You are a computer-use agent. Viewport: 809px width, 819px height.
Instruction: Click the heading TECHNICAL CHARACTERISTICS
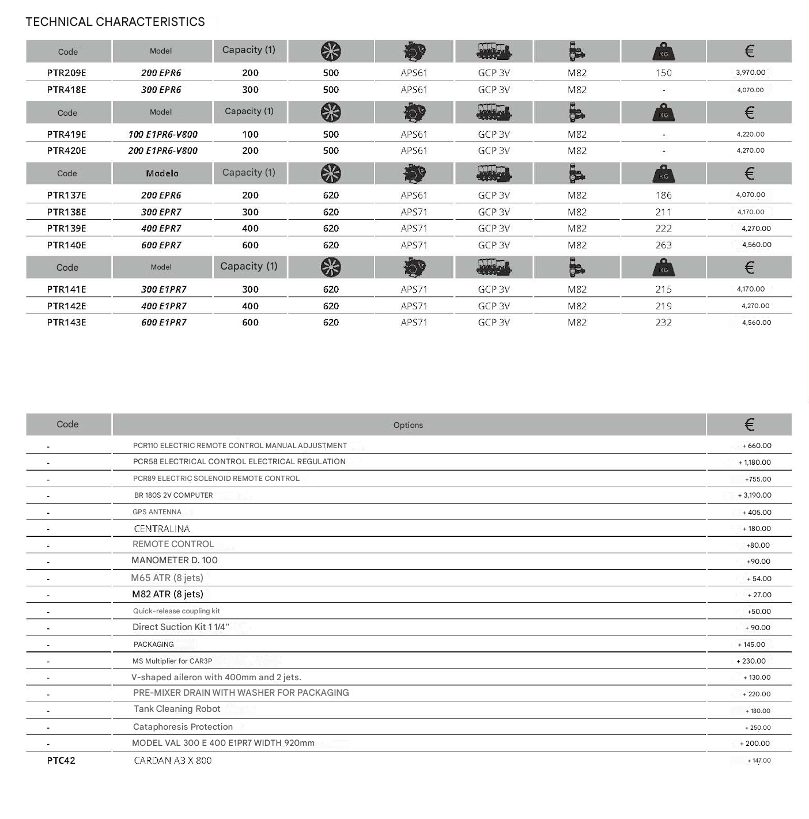tap(115, 22)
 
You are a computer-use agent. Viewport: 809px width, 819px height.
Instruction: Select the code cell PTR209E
tap(66, 73)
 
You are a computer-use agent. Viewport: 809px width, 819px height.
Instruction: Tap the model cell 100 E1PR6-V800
tap(162, 134)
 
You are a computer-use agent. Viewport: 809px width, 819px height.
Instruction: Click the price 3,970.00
tap(750, 73)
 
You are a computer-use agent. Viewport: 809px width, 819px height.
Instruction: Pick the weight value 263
tap(663, 245)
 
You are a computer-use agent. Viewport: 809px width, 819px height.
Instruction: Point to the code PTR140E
tap(66, 245)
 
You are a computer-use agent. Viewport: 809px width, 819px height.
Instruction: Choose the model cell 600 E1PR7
tap(164, 323)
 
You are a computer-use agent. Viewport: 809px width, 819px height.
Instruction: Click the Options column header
tap(408, 425)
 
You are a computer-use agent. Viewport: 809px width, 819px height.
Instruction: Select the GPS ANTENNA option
tap(157, 512)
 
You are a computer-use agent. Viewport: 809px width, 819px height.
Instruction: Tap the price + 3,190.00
tap(754, 495)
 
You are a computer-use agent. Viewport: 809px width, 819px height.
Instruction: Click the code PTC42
tap(61, 761)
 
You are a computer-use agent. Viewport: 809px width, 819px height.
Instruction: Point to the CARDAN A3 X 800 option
tap(172, 761)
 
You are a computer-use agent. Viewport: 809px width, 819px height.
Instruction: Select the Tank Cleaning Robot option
tap(177, 709)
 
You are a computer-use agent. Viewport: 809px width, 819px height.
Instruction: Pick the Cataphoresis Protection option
tap(183, 727)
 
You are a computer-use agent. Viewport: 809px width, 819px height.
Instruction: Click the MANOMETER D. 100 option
tap(174, 560)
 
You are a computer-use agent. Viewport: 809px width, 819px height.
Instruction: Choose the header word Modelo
tap(162, 173)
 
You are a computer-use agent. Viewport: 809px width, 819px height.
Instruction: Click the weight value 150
tap(663, 73)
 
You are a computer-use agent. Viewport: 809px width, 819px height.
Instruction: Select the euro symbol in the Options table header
tap(749, 425)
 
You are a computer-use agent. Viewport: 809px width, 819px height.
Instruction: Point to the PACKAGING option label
tap(153, 644)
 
